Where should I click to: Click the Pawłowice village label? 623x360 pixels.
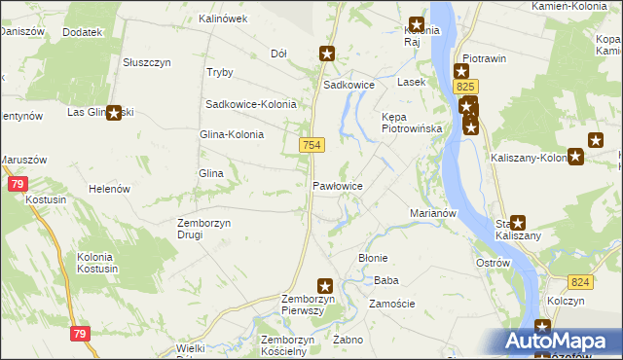click(338, 185)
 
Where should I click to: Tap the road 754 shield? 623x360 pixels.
click(311, 145)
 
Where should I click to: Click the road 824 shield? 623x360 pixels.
click(581, 282)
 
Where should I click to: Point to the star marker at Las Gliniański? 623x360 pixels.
click(114, 113)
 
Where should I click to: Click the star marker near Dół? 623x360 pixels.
click(327, 54)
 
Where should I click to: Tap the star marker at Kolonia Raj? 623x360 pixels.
click(417, 26)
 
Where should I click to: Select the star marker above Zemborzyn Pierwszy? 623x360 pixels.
click(325, 286)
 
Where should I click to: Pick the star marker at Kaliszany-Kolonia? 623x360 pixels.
click(575, 156)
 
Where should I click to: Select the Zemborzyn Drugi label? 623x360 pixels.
click(203, 229)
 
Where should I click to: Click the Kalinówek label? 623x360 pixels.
click(223, 18)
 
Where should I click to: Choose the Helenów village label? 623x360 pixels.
click(110, 189)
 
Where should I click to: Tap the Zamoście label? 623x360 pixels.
click(392, 304)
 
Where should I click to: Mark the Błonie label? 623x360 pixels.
click(374, 258)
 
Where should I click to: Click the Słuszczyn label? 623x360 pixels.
click(147, 61)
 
